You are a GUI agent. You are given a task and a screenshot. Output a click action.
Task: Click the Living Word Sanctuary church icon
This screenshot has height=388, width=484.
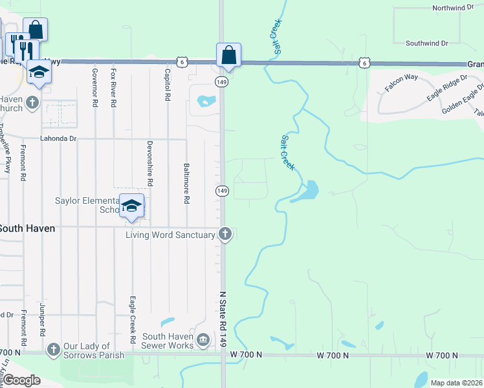[225, 234]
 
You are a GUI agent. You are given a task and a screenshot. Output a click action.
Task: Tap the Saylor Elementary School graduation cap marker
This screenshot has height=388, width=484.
[131, 206]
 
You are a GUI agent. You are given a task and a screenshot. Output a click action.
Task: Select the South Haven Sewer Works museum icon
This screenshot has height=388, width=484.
[203, 340]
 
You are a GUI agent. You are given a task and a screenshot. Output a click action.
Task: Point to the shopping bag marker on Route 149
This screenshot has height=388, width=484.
[229, 55]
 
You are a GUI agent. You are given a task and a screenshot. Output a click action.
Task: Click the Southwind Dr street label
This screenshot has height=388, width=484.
[426, 43]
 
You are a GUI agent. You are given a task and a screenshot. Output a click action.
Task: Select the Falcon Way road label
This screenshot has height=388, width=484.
[402, 82]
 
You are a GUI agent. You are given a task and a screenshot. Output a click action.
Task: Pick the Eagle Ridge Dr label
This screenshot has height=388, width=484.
[446, 89]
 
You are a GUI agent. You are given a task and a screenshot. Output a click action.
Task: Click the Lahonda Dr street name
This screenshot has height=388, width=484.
[59, 138]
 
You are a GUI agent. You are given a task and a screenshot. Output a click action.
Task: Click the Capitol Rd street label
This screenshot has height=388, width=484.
[168, 85]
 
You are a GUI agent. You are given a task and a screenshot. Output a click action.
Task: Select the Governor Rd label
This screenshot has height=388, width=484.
[95, 87]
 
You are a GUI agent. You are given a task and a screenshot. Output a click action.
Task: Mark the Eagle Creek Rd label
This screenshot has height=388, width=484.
[132, 319]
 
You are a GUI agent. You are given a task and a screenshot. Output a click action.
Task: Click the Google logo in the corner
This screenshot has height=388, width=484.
[22, 380]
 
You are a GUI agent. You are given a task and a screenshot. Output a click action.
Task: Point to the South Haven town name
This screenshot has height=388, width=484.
[27, 228]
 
